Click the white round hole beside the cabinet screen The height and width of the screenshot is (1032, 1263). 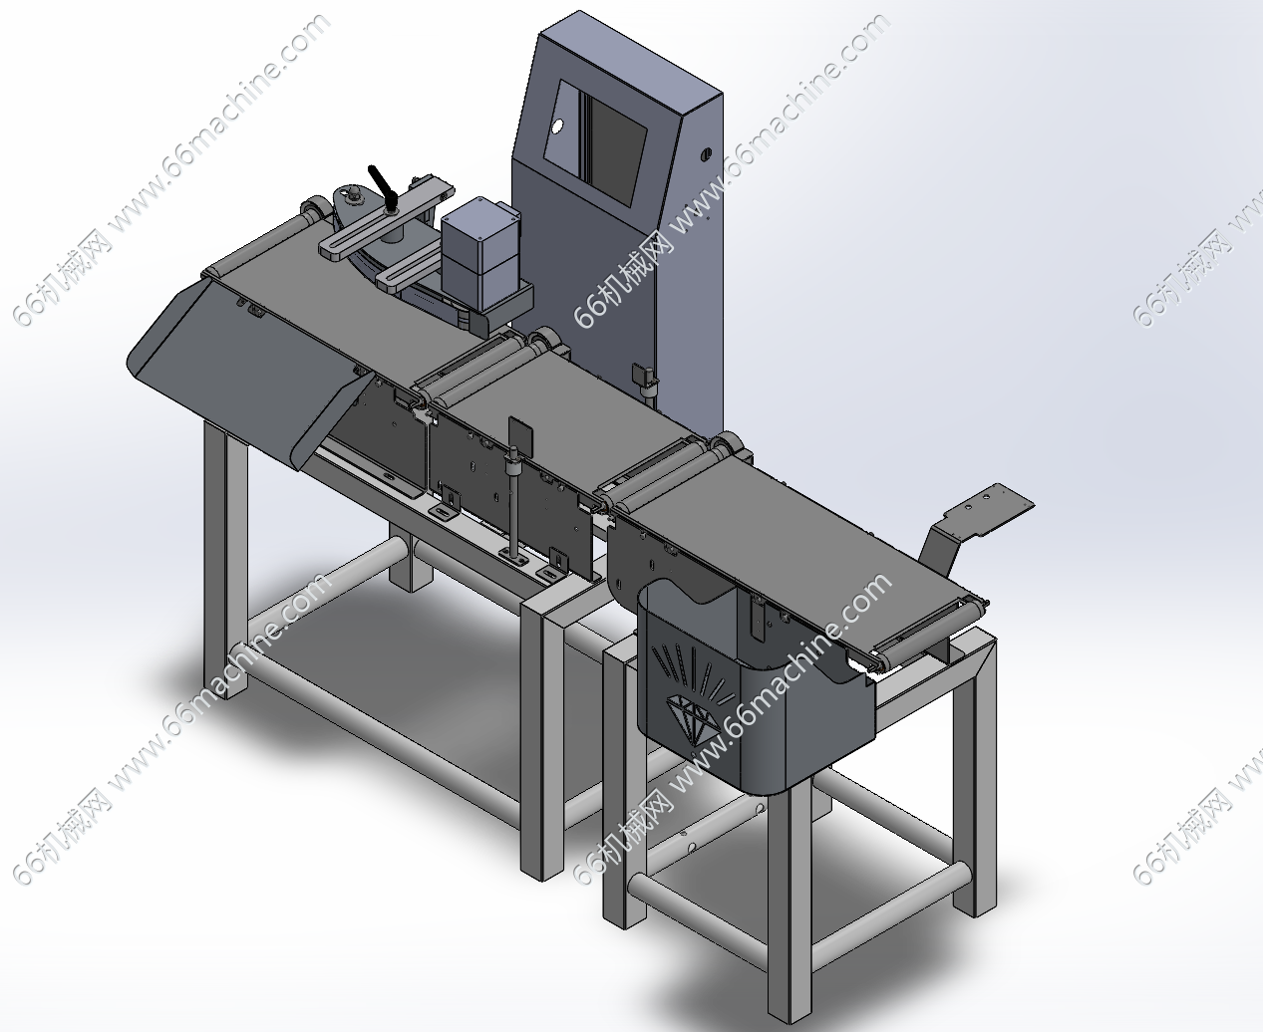(557, 127)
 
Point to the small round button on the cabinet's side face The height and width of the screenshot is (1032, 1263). (706, 153)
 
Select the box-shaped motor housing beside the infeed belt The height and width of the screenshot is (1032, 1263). (480, 254)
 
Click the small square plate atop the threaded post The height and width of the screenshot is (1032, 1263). (519, 434)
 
